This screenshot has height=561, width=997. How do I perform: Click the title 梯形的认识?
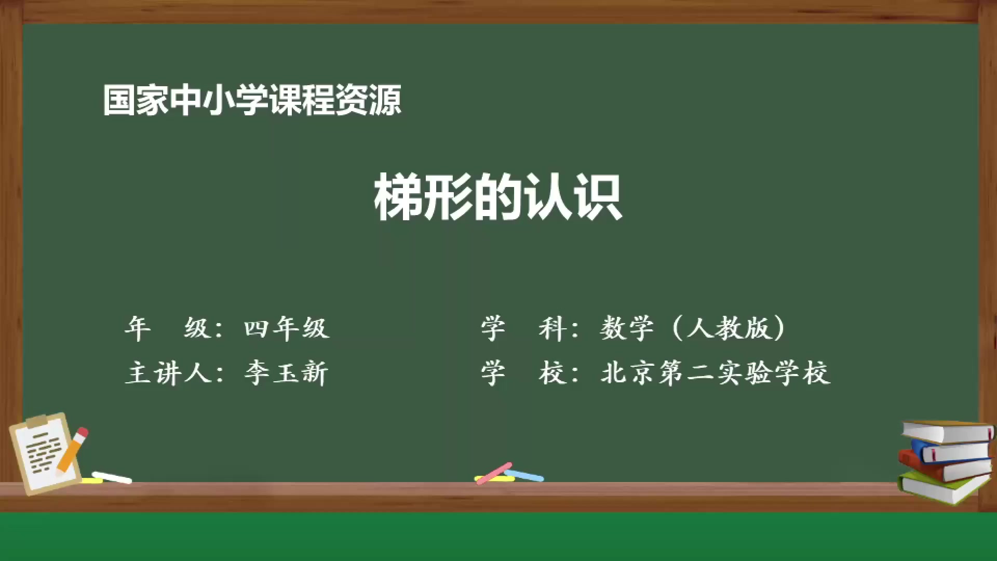tap(497, 197)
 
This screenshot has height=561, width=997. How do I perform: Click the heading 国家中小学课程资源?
tap(252, 100)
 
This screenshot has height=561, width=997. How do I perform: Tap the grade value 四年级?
tap(286, 328)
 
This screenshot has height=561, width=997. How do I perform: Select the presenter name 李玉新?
tap(286, 373)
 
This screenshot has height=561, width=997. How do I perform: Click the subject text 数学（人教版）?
tap(693, 328)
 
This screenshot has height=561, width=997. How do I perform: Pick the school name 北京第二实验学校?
tap(715, 373)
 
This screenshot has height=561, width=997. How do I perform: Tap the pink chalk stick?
tap(494, 473)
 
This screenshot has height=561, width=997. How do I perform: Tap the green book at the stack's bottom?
tap(942, 488)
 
